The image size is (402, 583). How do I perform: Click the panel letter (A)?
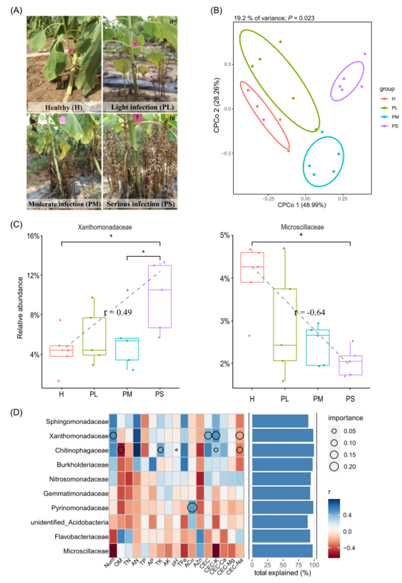click(x=17, y=11)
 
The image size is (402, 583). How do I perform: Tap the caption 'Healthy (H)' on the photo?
click(x=61, y=107)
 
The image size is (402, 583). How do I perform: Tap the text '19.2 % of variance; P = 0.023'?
click(x=274, y=18)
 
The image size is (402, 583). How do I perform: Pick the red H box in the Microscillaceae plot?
click(x=252, y=268)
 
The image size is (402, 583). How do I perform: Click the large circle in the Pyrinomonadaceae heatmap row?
click(x=192, y=508)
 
